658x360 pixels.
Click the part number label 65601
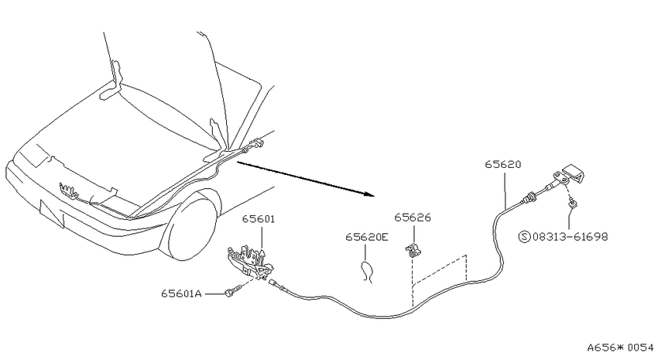(x=259, y=219)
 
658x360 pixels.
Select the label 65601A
(x=181, y=293)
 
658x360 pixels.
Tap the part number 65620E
(x=367, y=237)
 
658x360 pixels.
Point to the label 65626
(x=413, y=218)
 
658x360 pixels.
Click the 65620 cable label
(x=502, y=164)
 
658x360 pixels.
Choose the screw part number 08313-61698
(x=570, y=237)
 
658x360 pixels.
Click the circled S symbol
(x=525, y=237)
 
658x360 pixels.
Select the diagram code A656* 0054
(x=620, y=348)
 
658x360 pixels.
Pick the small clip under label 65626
(x=413, y=249)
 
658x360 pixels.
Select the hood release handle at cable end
(x=571, y=173)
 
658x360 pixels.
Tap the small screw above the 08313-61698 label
(x=571, y=204)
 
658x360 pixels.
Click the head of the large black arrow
(x=369, y=194)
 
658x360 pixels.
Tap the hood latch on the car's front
(x=68, y=190)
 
